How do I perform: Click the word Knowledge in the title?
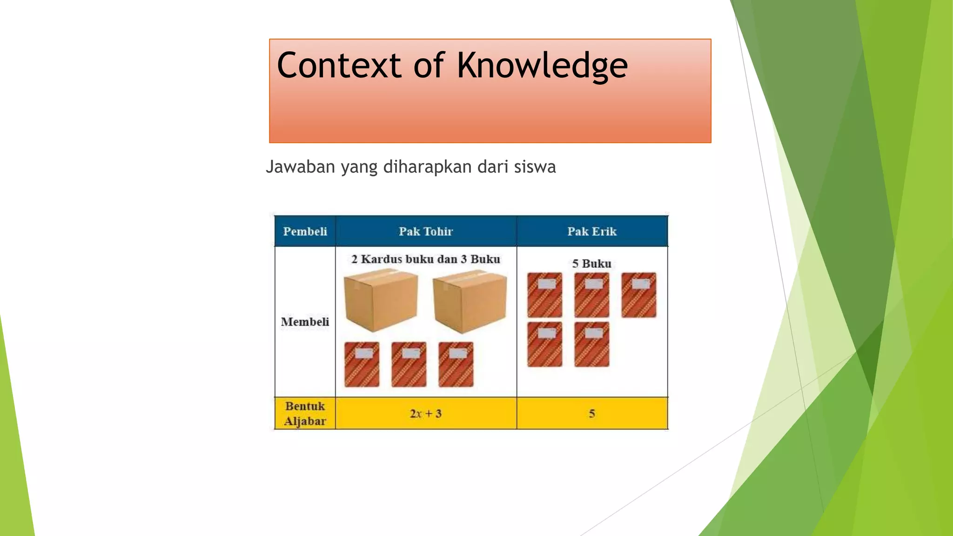click(542, 66)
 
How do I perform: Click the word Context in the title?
click(339, 66)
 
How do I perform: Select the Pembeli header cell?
click(305, 231)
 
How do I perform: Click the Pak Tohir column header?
click(426, 231)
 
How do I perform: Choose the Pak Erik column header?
click(592, 231)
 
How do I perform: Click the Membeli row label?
click(305, 322)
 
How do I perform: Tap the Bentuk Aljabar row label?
click(305, 413)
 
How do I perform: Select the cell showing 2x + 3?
click(426, 413)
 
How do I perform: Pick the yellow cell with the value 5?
click(592, 413)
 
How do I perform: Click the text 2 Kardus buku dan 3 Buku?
click(426, 259)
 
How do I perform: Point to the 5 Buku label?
click(592, 263)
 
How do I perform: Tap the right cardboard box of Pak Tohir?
click(470, 301)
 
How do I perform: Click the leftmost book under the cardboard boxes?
click(362, 364)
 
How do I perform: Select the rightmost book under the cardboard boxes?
click(456, 364)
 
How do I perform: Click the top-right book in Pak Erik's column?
click(639, 295)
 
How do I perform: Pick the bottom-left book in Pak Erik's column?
click(544, 344)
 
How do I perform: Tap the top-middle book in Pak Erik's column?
click(591, 295)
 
